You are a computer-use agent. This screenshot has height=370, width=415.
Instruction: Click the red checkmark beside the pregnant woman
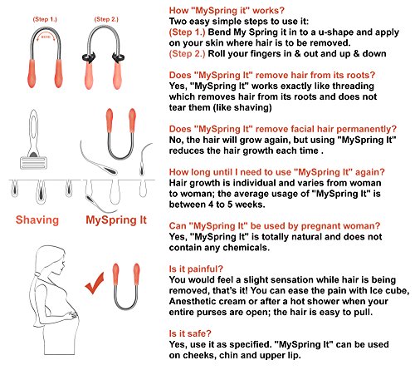click(95, 284)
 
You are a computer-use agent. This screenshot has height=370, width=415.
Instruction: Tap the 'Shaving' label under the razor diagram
click(37, 220)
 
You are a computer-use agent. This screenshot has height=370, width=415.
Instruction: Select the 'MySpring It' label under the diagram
click(116, 220)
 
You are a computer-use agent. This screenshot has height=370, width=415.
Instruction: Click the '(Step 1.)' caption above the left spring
click(45, 19)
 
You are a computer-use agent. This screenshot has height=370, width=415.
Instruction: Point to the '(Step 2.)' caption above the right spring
click(106, 19)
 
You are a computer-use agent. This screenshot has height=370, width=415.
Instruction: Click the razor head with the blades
click(33, 163)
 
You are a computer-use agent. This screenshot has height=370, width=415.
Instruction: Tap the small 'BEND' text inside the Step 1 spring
click(46, 37)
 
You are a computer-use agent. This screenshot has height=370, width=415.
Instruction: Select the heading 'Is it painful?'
click(196, 269)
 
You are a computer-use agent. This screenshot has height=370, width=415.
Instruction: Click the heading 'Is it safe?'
click(190, 333)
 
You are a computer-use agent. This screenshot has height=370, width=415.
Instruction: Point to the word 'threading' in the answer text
click(353, 86)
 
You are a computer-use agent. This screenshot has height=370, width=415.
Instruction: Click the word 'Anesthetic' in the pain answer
click(191, 301)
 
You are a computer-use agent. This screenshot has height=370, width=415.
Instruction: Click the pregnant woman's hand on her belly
click(72, 315)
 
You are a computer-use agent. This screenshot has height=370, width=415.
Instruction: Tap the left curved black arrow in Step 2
click(89, 57)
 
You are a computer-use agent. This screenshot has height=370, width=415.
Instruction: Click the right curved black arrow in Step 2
click(118, 57)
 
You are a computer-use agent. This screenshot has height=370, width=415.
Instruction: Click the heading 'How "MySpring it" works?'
click(227, 11)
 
